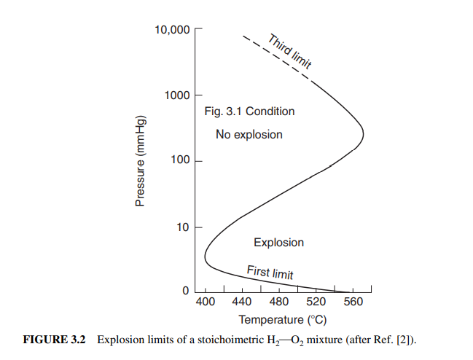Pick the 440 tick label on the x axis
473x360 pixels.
click(242, 302)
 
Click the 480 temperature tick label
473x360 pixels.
click(279, 302)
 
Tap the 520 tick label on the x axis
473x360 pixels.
click(316, 302)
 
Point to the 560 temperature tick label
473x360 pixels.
click(353, 302)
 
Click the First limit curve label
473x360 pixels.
click(270, 273)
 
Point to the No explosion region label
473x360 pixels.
click(249, 135)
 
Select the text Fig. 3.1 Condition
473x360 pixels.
click(249, 111)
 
